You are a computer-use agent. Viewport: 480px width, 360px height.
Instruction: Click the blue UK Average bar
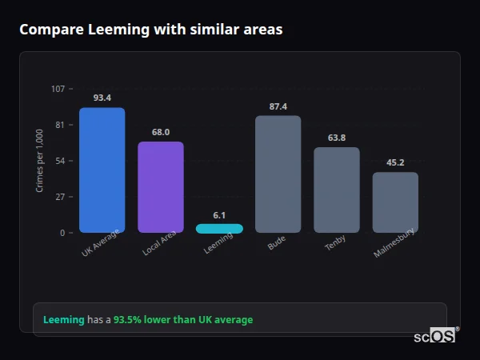[x=102, y=170]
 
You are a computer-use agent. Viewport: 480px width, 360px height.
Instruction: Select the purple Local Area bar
[x=161, y=187]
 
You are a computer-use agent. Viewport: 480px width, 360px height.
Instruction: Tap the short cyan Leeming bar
[x=219, y=229]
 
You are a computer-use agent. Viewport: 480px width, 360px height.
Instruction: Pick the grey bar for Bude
[x=278, y=174]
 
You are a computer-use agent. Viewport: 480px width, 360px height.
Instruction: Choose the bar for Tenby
[x=337, y=190]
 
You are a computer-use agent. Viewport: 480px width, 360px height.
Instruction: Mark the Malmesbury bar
[x=395, y=202]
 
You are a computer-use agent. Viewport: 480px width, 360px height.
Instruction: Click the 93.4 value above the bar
[x=102, y=98]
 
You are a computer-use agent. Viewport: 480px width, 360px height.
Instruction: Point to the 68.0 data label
[x=161, y=132]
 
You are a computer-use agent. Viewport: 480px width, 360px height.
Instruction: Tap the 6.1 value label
[x=219, y=215]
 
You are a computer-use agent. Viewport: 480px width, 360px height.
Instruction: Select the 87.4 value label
[x=278, y=106]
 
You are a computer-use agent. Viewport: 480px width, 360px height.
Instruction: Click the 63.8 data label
[x=337, y=138]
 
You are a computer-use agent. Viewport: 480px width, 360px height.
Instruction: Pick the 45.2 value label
[x=395, y=162]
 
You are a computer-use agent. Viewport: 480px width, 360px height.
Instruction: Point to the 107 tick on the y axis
[x=58, y=89]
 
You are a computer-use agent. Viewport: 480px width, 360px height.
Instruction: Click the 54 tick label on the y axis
[x=60, y=161]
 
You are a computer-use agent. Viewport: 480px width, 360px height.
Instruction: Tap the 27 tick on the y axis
[x=60, y=197]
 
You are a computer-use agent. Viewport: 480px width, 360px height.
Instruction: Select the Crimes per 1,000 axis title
[x=40, y=161]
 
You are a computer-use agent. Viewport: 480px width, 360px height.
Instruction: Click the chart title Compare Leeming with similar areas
[x=150, y=30]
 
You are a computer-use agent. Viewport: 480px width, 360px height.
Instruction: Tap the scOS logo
[x=435, y=336]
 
